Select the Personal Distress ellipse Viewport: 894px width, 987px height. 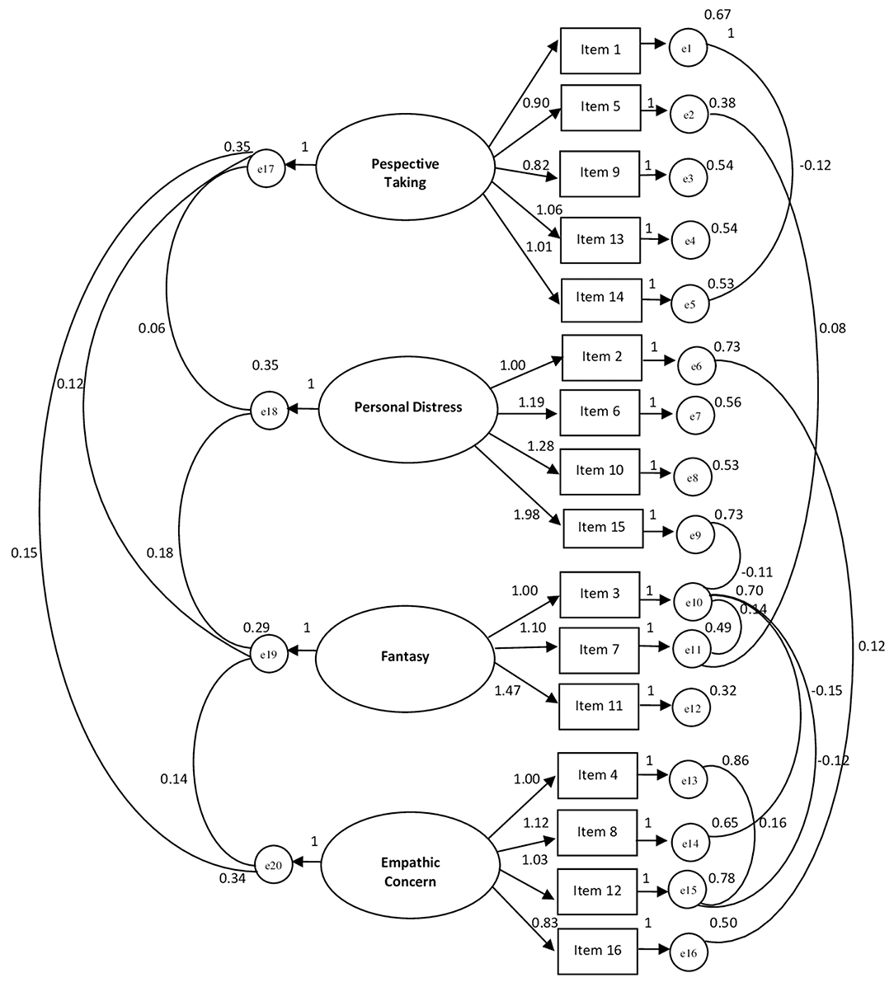(x=407, y=407)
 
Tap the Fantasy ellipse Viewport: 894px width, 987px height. (x=404, y=656)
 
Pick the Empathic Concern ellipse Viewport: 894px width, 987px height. (x=410, y=872)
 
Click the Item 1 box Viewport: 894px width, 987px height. (x=600, y=49)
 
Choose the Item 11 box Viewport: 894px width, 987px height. (x=599, y=706)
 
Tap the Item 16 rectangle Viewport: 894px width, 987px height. (x=598, y=950)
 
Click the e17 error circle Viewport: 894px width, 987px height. (x=266, y=167)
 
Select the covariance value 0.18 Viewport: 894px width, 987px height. (x=160, y=552)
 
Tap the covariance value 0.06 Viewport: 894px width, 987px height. (x=152, y=327)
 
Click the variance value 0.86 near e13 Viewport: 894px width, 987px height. (x=735, y=761)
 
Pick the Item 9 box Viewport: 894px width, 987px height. (x=599, y=172)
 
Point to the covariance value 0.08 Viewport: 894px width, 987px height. (x=831, y=328)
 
